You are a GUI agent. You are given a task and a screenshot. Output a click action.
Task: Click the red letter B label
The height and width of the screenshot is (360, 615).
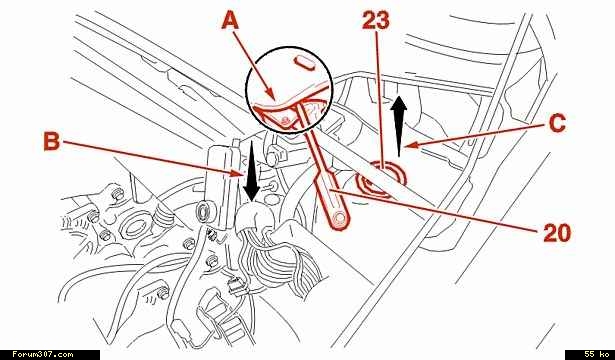pyautogui.click(x=52, y=141)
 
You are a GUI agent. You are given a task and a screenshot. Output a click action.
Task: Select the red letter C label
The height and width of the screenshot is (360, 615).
pyautogui.click(x=557, y=123)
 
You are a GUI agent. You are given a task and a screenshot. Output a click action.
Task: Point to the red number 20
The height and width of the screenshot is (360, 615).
pyautogui.click(x=557, y=233)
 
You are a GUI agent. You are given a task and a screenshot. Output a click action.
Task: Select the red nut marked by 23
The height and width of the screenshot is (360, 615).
pyautogui.click(x=380, y=178)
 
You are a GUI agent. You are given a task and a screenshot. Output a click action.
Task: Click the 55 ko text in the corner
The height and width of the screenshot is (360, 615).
pyautogui.click(x=596, y=354)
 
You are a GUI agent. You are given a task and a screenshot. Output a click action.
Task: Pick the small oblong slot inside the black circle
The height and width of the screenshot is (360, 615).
pyautogui.click(x=304, y=63)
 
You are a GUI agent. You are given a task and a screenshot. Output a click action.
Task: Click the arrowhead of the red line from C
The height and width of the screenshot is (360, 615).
pyautogui.click(x=408, y=146)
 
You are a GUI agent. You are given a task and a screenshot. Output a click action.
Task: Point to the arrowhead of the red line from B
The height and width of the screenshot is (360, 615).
pyautogui.click(x=238, y=173)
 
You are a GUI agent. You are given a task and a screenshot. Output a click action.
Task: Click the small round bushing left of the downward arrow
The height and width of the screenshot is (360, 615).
pyautogui.click(x=204, y=212)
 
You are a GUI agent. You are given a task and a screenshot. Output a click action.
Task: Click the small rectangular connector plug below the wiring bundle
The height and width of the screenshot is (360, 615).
pyautogui.click(x=235, y=284)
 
